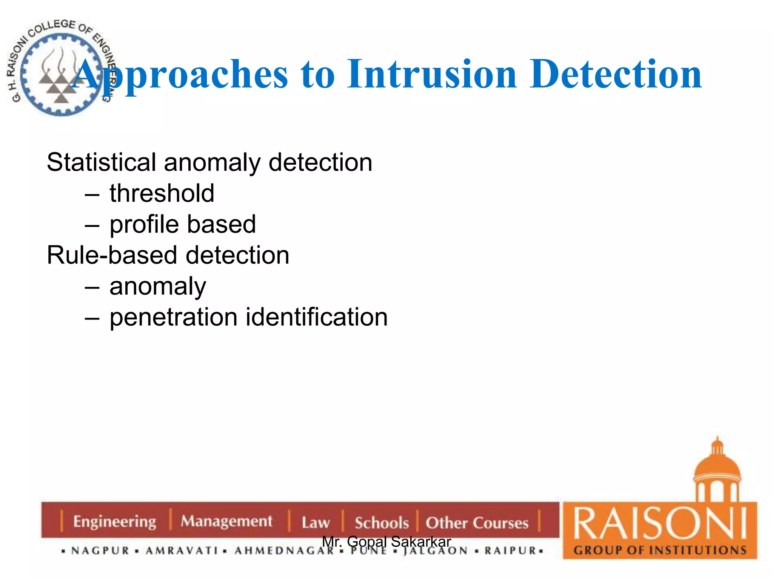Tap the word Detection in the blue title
pos(615,74)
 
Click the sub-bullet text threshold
pos(162,193)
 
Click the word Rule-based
pos(112,255)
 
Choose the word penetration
pos(173,317)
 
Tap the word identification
pos(317,317)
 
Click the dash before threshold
pos(92,195)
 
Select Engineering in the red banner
pos(114,522)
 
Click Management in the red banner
pos(226,521)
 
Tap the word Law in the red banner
pos(316,523)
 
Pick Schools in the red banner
pos(382,523)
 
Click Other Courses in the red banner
pos(477,523)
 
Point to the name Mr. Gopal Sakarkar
pos(386,541)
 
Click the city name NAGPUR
pos(100,551)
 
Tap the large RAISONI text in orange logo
pos(660,524)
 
